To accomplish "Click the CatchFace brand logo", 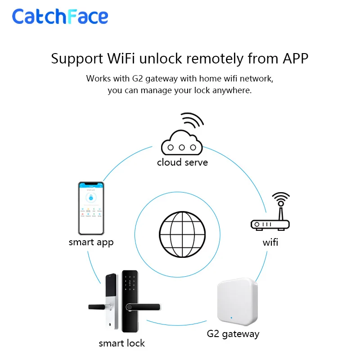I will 60,17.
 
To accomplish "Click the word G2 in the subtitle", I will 138,79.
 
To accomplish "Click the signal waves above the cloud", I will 193,121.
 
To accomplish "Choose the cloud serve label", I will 182,162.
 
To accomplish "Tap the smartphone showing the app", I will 91,208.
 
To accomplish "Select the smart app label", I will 91,242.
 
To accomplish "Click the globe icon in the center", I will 178,228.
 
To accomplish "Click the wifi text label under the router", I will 270,243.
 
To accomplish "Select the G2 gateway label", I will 233,334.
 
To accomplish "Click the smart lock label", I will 121,343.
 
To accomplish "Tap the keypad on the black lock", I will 131,283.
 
